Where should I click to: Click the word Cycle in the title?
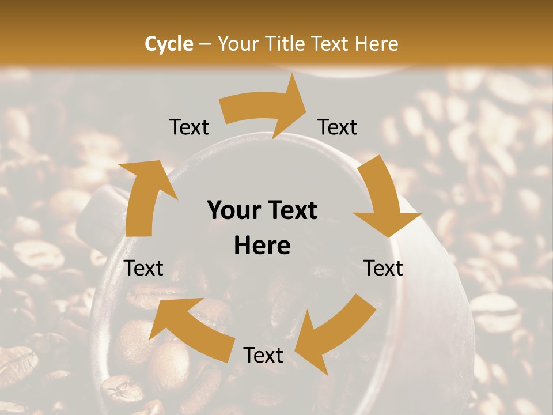[x=169, y=43]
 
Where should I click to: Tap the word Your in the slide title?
[x=239, y=43]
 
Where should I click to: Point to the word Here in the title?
[x=377, y=43]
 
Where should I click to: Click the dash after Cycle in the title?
[x=204, y=44]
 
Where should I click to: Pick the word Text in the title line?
[x=332, y=43]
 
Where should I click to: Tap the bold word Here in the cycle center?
[x=262, y=246]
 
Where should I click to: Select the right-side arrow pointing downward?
[x=384, y=199]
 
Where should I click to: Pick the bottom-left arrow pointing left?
[x=190, y=329]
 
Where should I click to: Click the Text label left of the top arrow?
[x=189, y=127]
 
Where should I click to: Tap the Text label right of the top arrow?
[x=338, y=127]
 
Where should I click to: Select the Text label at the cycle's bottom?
[x=263, y=356]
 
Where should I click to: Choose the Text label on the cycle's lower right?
[x=384, y=268]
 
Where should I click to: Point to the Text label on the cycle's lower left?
[x=144, y=268]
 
